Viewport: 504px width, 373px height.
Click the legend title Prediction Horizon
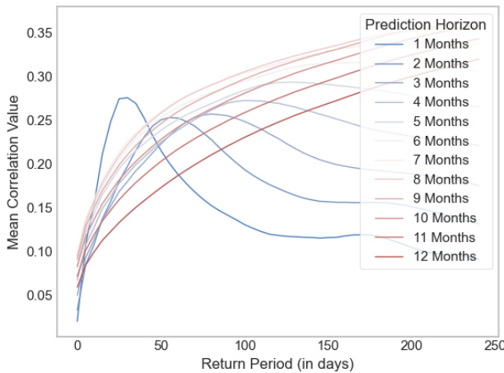pyautogui.click(x=425, y=24)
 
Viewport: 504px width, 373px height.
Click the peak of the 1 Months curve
pyautogui.click(x=126, y=97)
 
